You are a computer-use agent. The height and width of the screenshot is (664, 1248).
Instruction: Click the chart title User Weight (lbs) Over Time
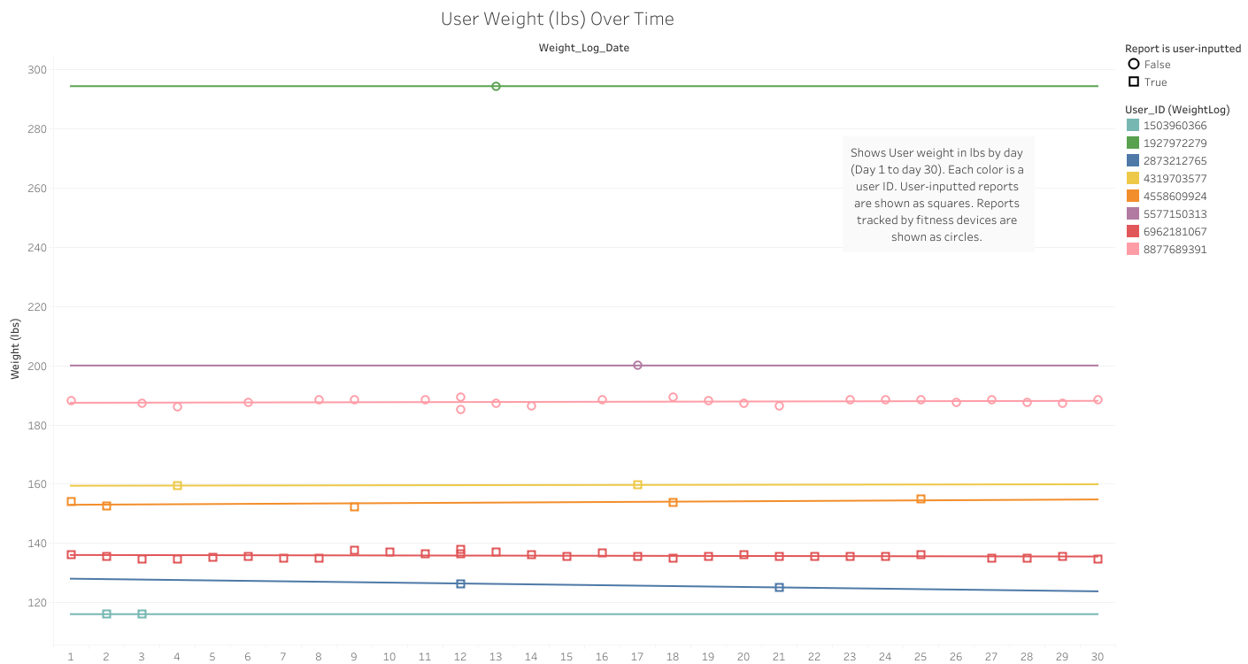557,19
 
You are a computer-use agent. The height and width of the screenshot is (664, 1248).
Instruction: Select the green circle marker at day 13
496,86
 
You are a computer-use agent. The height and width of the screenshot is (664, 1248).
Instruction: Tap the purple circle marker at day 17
637,365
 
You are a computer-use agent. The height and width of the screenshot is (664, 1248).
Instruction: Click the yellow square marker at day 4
177,485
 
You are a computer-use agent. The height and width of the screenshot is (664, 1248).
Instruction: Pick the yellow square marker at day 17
637,484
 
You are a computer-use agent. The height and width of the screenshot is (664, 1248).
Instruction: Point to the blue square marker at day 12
460,583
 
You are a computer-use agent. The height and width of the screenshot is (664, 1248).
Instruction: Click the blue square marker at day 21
779,587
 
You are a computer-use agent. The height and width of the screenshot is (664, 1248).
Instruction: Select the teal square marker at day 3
142,614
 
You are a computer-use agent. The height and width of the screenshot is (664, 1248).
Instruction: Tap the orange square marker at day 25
921,498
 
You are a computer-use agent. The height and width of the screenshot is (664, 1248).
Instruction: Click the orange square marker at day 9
354,506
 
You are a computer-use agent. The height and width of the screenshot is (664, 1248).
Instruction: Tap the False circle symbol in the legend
1134,64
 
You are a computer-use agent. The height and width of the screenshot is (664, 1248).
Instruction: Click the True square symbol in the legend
1134,81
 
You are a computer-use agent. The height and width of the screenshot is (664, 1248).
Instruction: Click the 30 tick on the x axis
1098,656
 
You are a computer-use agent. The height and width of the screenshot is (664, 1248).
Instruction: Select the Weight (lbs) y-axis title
15,348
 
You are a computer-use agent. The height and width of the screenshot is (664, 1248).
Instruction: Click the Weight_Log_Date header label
583,48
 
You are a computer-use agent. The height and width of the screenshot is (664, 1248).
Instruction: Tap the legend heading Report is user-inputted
1183,49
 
